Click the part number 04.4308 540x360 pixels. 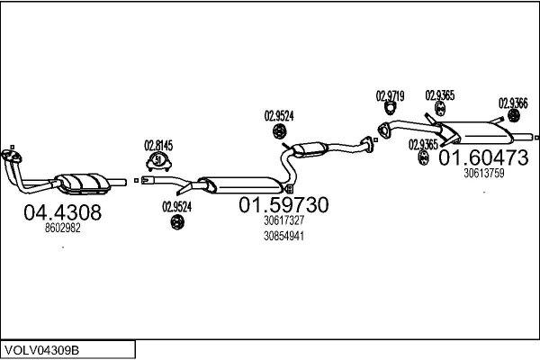(x=62, y=213)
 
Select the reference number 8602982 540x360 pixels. (x=62, y=229)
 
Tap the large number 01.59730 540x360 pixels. (x=283, y=205)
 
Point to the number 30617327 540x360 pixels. (x=283, y=220)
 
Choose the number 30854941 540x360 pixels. (x=283, y=237)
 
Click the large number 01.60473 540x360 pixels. (x=483, y=158)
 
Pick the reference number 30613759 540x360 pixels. (x=483, y=173)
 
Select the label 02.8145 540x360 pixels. (x=158, y=145)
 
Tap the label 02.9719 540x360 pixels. (x=390, y=95)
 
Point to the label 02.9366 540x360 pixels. (x=513, y=103)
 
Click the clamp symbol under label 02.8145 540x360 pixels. (x=159, y=162)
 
